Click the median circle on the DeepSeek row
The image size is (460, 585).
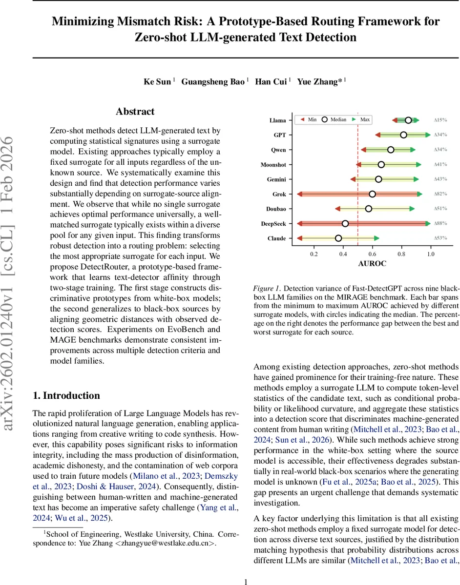(x=345, y=224)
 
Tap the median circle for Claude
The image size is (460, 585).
(x=338, y=238)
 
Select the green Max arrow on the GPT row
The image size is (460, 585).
(x=428, y=135)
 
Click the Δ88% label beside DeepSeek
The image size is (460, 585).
(x=440, y=224)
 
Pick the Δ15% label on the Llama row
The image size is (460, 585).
(x=440, y=120)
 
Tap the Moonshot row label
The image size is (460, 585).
(x=273, y=165)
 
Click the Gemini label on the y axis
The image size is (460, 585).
(x=276, y=179)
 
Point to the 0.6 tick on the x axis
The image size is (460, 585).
(x=372, y=254)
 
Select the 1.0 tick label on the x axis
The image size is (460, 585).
(x=431, y=254)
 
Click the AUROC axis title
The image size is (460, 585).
(x=372, y=264)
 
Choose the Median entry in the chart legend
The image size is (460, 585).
(x=335, y=119)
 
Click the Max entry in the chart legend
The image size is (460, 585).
(x=364, y=119)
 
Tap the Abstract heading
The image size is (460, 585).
(x=135, y=112)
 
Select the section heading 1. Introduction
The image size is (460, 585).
(x=66, y=395)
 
